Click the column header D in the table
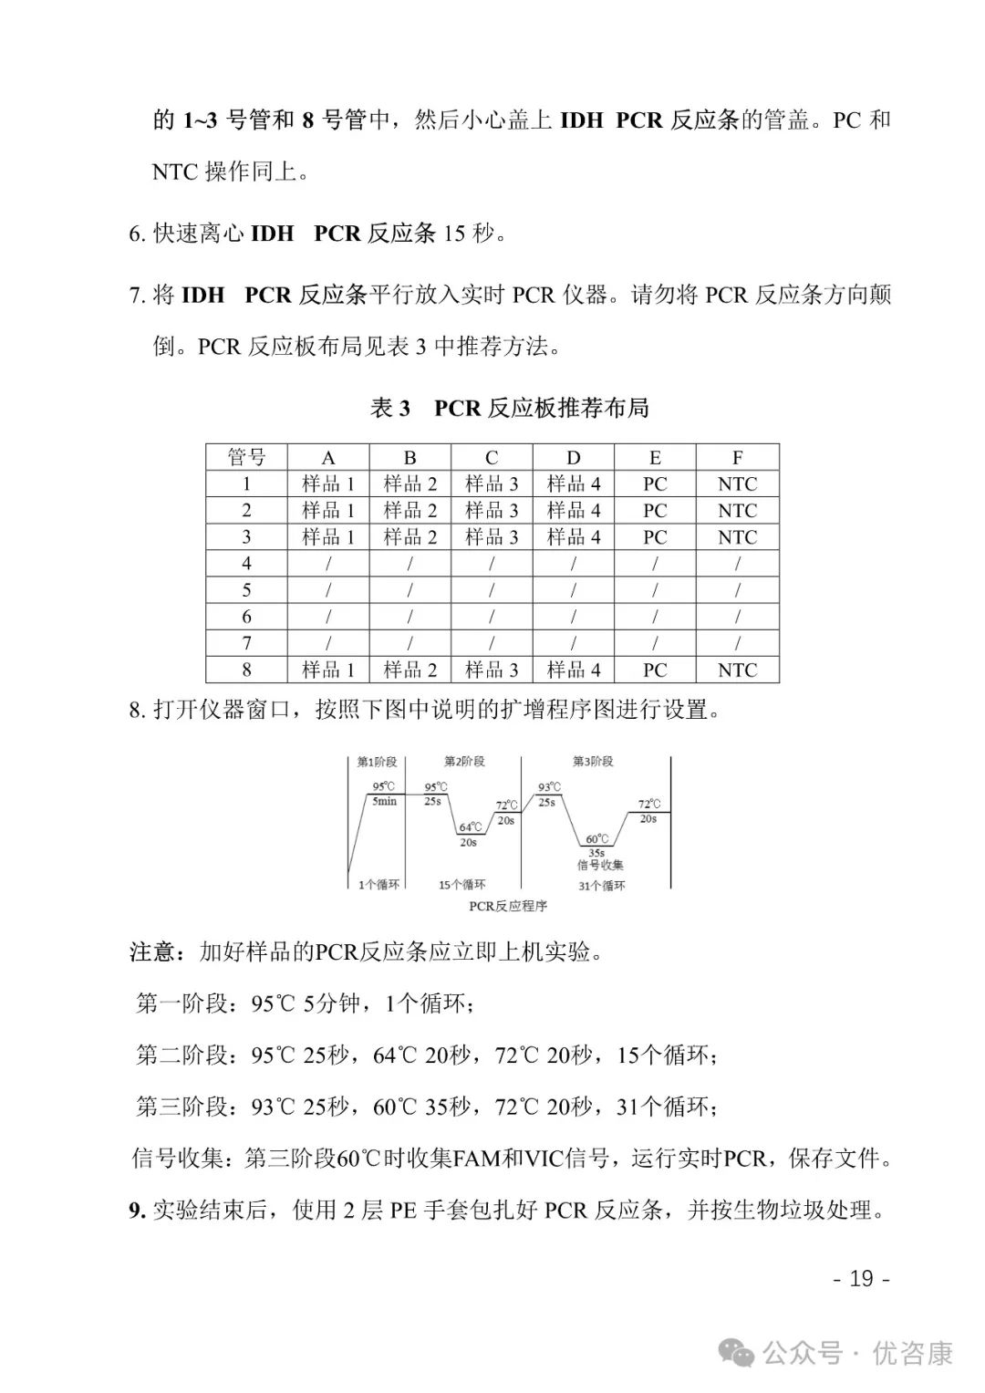(573, 458)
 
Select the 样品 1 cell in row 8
(328, 671)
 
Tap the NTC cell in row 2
(737, 511)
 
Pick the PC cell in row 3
(655, 537)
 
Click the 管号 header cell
(246, 458)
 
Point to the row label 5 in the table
(246, 590)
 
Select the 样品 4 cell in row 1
(573, 484)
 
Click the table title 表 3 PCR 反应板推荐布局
(509, 408)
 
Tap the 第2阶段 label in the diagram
(464, 762)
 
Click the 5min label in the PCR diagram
(384, 801)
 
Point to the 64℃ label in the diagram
(468, 827)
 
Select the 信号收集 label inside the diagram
(600, 865)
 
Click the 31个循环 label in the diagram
(602, 886)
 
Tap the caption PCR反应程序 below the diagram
(508, 906)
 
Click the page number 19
(861, 1278)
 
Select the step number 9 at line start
(136, 1211)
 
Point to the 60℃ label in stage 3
(597, 839)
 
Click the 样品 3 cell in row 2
(492, 511)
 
